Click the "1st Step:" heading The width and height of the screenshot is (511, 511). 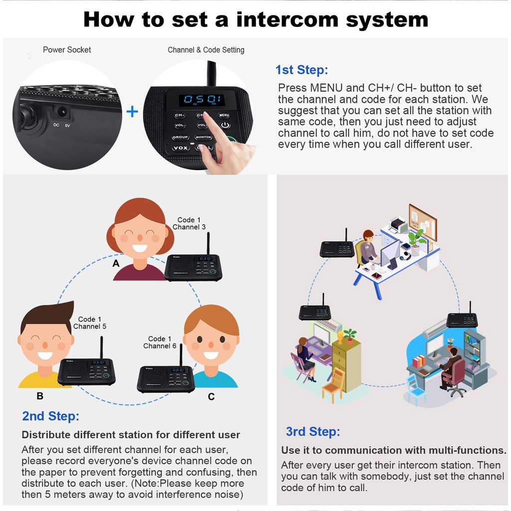[x=301, y=70]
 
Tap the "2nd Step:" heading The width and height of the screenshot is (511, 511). [x=50, y=416]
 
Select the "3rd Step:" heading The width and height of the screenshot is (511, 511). [x=313, y=431]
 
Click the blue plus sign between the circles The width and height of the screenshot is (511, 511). [x=132, y=111]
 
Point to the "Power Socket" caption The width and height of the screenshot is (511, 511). [x=67, y=49]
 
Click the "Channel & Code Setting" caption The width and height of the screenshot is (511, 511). [x=206, y=49]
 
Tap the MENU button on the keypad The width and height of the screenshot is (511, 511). [x=224, y=116]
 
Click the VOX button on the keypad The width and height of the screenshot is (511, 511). [x=180, y=148]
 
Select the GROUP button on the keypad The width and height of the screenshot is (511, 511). [x=180, y=137]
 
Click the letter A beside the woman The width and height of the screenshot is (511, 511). [x=116, y=263]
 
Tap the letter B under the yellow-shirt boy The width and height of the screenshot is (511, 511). [x=40, y=396]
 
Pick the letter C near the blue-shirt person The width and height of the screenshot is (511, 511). [x=211, y=396]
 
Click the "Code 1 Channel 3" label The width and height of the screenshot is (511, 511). [x=189, y=223]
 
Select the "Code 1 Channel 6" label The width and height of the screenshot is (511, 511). [x=160, y=342]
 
